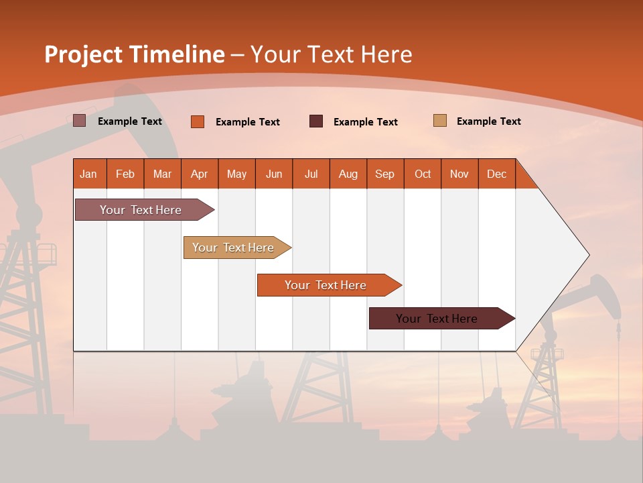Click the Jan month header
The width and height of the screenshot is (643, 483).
click(88, 174)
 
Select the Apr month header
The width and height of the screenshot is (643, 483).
click(199, 174)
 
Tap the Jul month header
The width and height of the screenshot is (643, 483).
click(311, 174)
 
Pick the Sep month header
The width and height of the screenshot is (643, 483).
click(384, 174)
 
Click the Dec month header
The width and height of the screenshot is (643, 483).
click(496, 174)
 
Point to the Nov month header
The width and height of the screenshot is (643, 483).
click(459, 174)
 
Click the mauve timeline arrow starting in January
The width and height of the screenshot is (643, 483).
click(141, 210)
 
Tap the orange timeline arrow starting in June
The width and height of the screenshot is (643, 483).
click(326, 285)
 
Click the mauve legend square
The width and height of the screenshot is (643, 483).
click(79, 121)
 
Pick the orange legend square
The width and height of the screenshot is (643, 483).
click(197, 121)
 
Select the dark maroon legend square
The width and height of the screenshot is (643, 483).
click(315, 121)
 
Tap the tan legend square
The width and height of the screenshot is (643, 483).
click(439, 121)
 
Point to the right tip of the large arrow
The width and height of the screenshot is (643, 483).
click(587, 255)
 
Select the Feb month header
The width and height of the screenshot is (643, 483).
click(125, 174)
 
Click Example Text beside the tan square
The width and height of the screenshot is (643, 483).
click(488, 121)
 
